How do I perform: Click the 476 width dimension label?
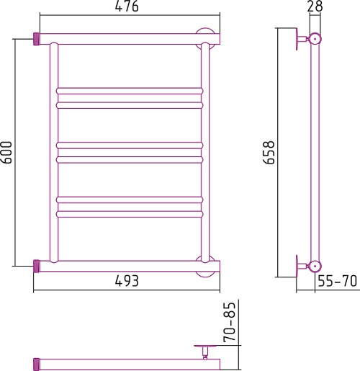pyautogui.click(x=127, y=6)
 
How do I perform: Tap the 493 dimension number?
pyautogui.click(x=127, y=281)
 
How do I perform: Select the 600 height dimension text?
pyautogui.click(x=6, y=153)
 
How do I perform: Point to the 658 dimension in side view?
pyautogui.click(x=269, y=153)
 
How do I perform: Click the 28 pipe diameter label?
pyautogui.click(x=315, y=6)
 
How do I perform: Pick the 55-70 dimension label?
pyautogui.click(x=338, y=281)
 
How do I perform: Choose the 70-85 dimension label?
pyautogui.click(x=229, y=322)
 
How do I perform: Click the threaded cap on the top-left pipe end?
pyautogui.click(x=37, y=39)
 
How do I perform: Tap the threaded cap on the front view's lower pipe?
pyautogui.click(x=37, y=266)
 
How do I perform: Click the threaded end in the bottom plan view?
pyautogui.click(x=37, y=365)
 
